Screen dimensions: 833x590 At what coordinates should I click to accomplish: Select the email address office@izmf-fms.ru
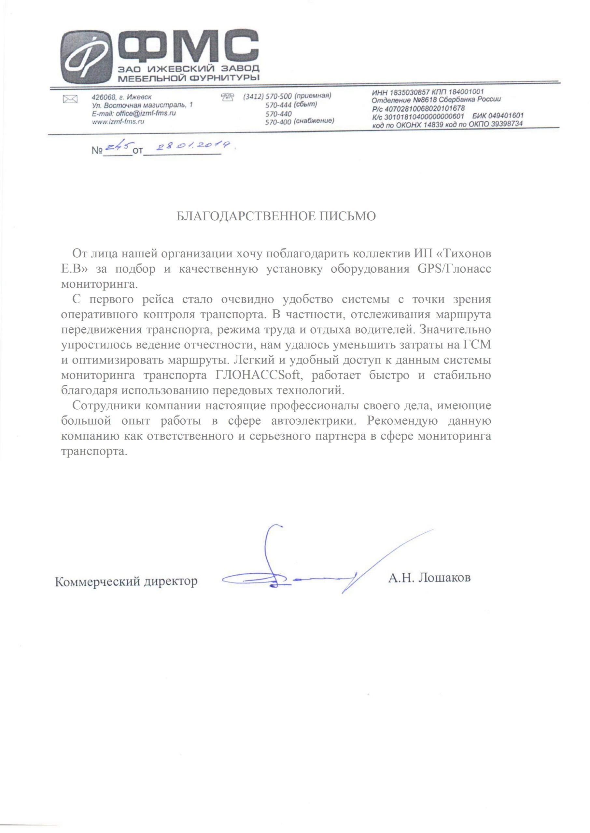coord(145,113)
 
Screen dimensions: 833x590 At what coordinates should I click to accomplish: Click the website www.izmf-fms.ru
coord(118,122)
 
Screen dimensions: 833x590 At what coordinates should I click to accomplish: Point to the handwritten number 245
coord(119,146)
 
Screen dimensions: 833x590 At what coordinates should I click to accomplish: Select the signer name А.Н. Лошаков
coord(429,578)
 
